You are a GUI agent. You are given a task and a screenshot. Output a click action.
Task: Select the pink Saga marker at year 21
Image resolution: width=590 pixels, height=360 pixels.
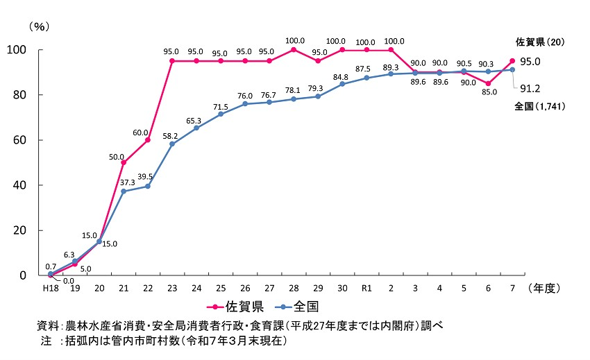(x=124, y=162)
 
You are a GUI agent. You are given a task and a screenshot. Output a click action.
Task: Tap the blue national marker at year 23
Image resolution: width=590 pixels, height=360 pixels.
(x=172, y=144)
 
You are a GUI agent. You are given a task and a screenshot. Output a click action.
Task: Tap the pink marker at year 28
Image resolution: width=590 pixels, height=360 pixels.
(x=294, y=50)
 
